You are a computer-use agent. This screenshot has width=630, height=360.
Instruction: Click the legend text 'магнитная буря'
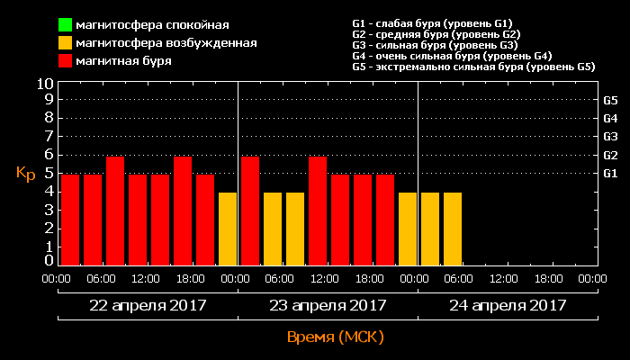pyautogui.click(x=123, y=61)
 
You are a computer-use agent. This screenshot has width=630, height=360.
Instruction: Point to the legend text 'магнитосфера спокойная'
pyautogui.click(x=152, y=24)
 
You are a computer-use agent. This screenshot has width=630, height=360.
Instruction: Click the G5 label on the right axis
pyautogui.click(x=610, y=100)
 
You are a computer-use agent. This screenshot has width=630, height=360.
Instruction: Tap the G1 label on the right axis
pyautogui.click(x=610, y=173)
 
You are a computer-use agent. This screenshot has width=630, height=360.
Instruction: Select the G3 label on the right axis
pyautogui.click(x=610, y=137)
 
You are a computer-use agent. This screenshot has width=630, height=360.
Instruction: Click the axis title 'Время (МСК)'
pyautogui.click(x=335, y=337)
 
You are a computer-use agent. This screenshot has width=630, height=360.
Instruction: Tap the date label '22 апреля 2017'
pyautogui.click(x=148, y=305)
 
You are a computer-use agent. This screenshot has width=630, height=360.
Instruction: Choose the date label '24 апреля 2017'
pyautogui.click(x=508, y=305)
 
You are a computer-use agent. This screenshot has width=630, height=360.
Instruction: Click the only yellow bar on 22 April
pyautogui.click(x=228, y=229)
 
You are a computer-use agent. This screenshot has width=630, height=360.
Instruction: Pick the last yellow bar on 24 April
pyautogui.click(x=453, y=229)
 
